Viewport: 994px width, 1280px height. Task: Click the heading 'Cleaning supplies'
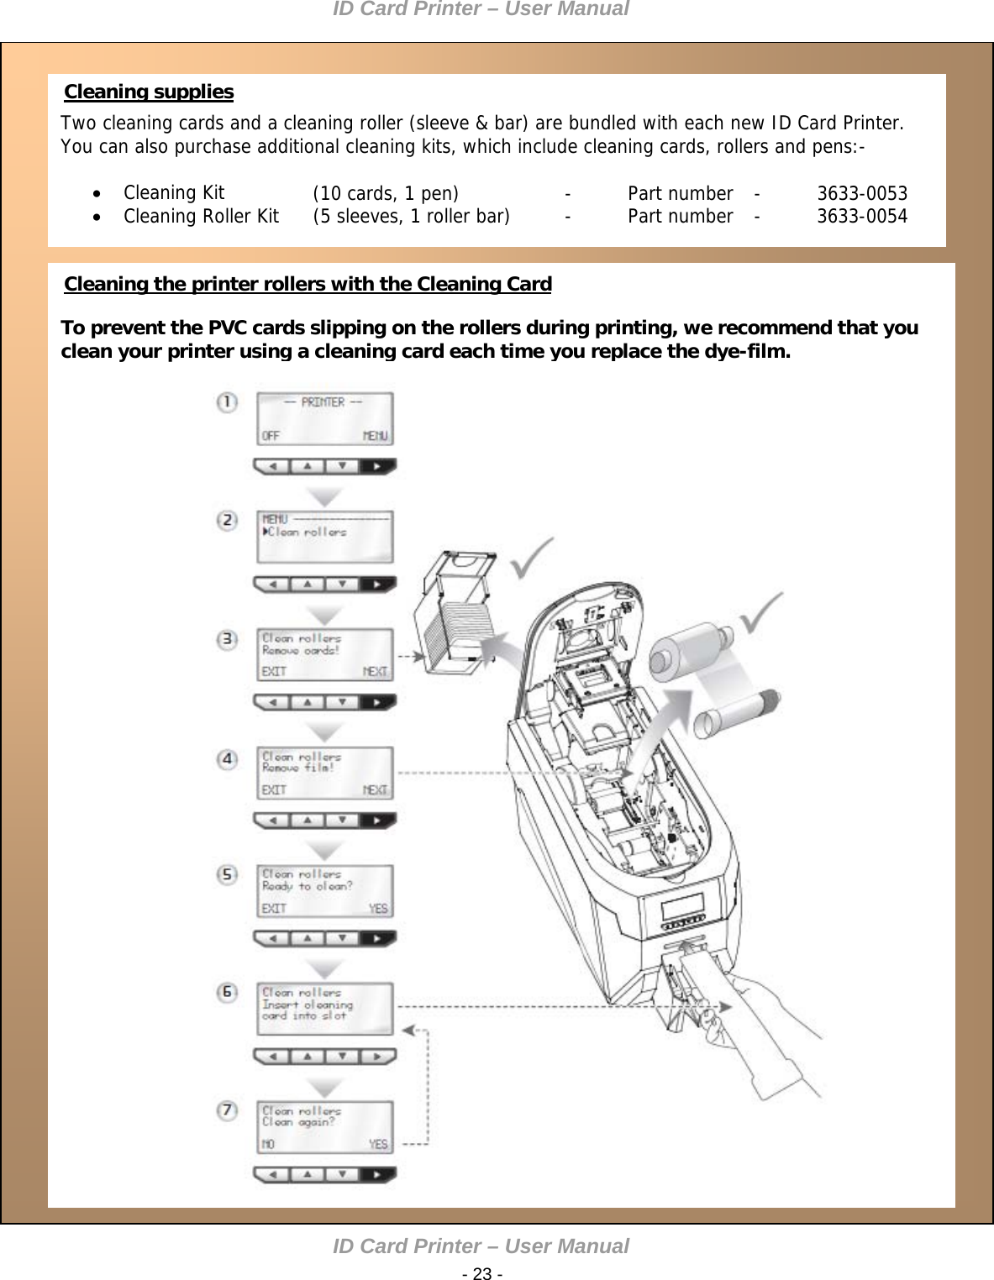tap(149, 92)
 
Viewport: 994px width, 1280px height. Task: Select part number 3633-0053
tap(862, 193)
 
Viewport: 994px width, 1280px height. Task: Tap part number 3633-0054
tap(862, 217)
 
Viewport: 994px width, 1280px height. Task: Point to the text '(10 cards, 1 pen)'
tap(386, 193)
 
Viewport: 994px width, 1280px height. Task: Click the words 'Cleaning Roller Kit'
tap(201, 217)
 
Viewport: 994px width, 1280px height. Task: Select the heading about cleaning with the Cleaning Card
tap(308, 284)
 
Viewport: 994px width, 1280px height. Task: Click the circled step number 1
tap(227, 402)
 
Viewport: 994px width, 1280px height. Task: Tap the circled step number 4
tap(227, 759)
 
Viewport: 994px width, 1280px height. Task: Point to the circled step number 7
tap(227, 1110)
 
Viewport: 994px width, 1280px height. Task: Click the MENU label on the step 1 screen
tap(375, 436)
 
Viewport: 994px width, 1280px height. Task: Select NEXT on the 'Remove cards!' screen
tap(375, 672)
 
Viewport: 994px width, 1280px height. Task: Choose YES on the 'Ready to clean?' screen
tap(378, 909)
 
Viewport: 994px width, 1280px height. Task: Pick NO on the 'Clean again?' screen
tap(268, 1145)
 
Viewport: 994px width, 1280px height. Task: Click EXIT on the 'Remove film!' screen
tap(274, 790)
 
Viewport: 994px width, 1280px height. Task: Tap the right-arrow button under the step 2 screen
tap(377, 584)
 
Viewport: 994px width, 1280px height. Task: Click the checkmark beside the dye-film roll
tap(761, 613)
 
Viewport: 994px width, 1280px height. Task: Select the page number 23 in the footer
tap(482, 1273)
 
